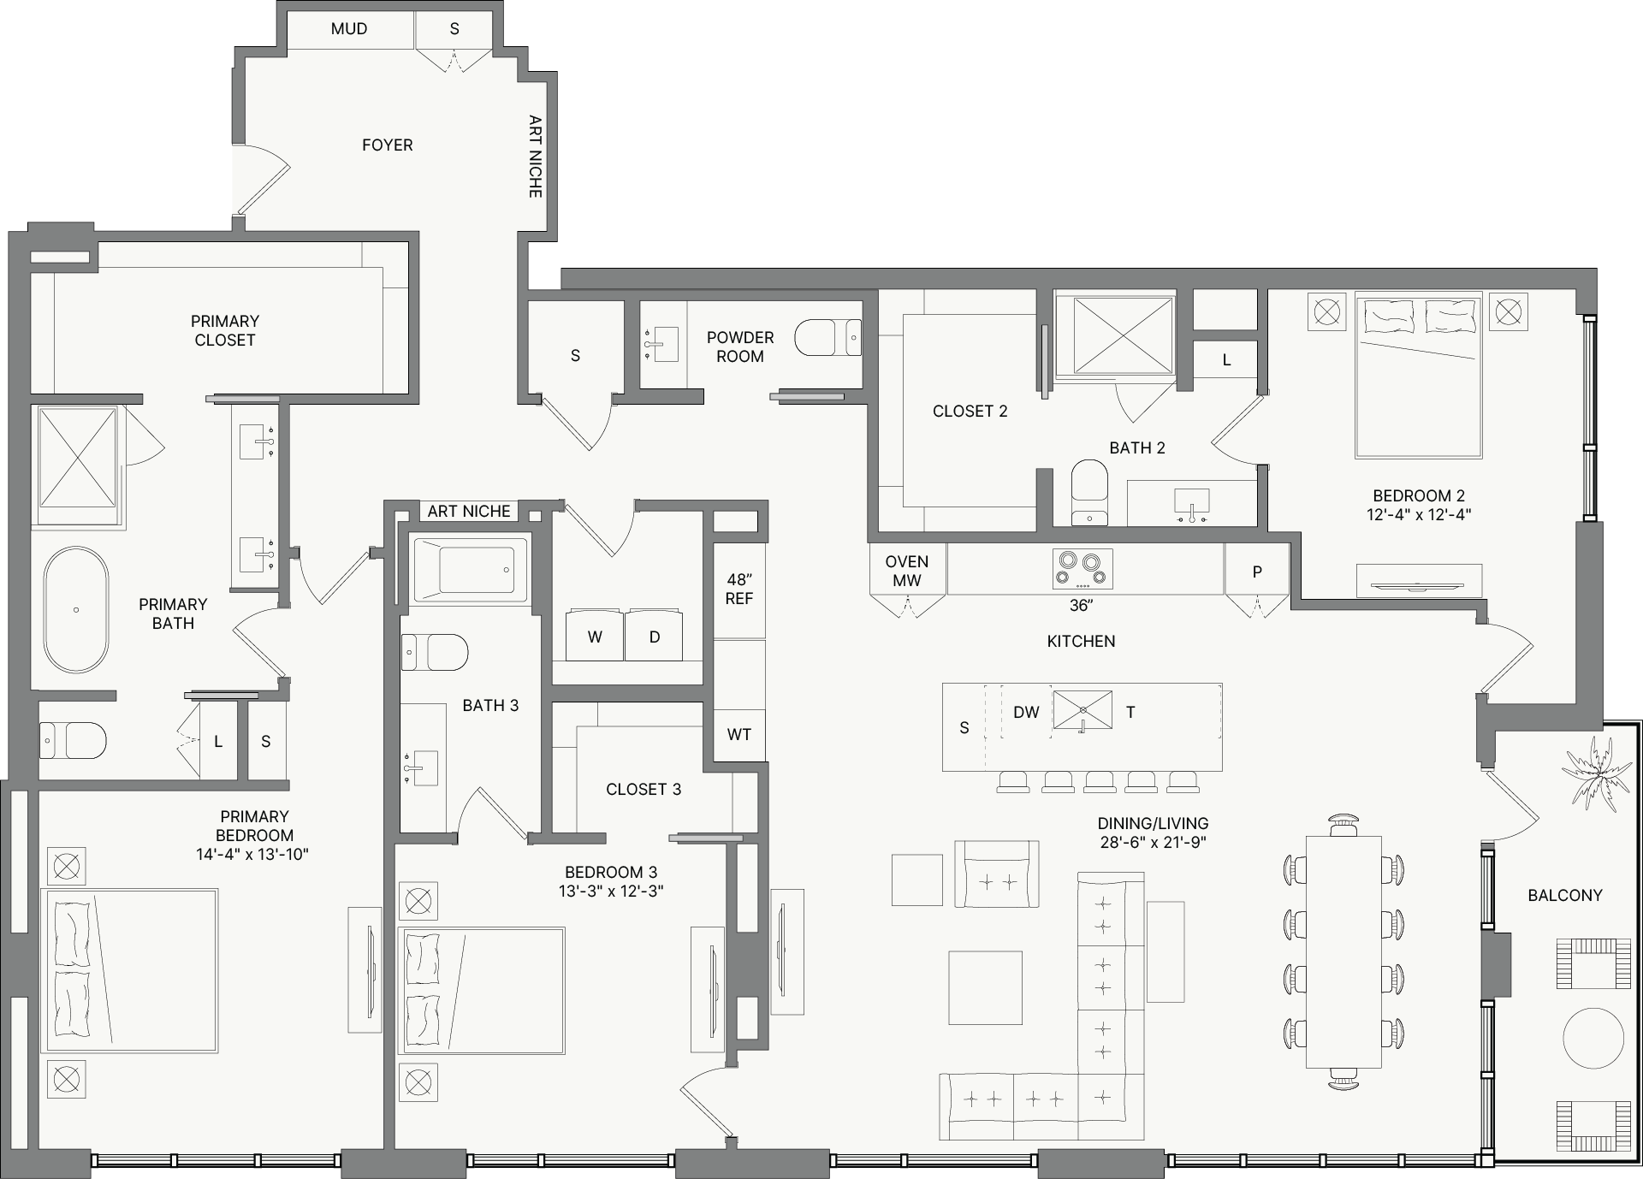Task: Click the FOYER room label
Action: coord(387,145)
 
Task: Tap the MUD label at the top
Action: coord(349,29)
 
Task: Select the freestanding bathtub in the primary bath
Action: coord(76,610)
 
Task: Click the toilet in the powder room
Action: coord(827,338)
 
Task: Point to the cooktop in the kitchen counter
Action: coord(1082,569)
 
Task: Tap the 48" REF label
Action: coord(738,589)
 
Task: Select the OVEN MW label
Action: coord(907,571)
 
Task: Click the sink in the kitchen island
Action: coord(1082,710)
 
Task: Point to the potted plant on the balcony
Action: coord(1597,775)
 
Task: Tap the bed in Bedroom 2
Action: coord(1418,376)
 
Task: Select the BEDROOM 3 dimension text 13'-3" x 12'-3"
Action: coord(611,891)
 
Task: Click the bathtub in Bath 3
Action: coord(469,569)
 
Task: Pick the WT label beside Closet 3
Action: coord(738,735)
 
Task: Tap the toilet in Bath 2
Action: coord(1089,493)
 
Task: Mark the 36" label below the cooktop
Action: coord(1082,606)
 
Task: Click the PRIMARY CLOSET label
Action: coord(224,330)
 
